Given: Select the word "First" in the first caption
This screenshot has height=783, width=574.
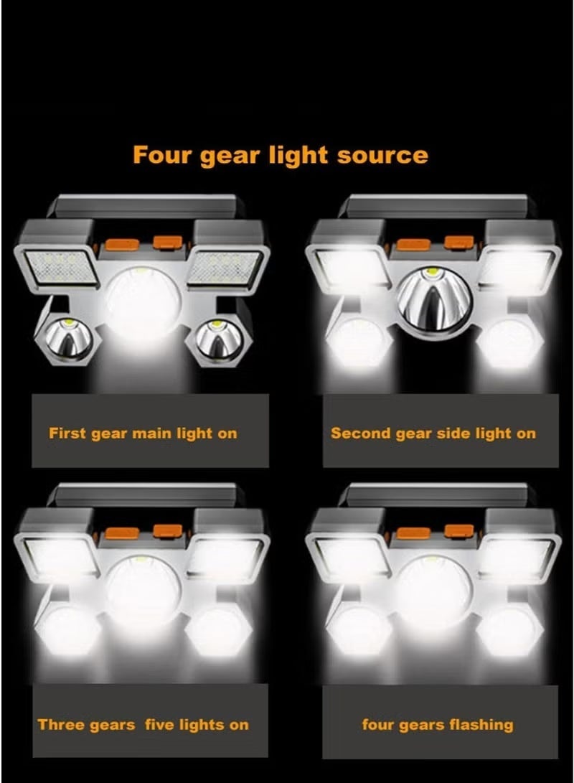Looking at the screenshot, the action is pos(67,433).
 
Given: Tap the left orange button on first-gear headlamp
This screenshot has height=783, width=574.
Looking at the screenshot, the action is pos(122,244).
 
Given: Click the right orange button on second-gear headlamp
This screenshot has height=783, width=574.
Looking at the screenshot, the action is pos(459,242).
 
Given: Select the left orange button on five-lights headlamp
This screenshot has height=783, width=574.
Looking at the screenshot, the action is pos(122,533).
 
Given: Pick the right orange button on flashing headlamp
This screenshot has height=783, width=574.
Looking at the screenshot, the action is pos(459,531).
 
